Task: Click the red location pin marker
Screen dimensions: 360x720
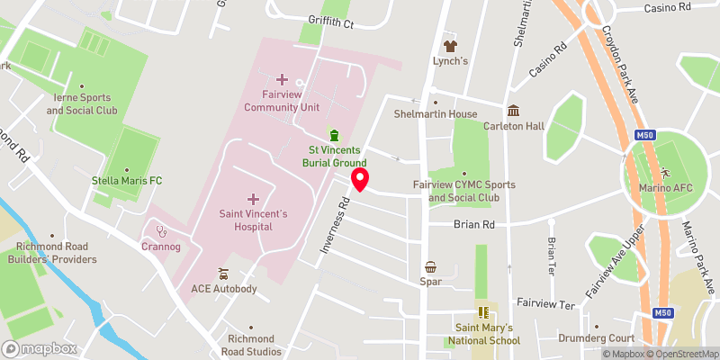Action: pyautogui.click(x=360, y=179)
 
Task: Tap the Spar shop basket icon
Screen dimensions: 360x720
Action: pyautogui.click(x=432, y=266)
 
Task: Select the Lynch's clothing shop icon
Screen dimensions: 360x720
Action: pyautogui.click(x=451, y=45)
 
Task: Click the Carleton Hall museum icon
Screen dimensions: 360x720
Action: pyautogui.click(x=513, y=111)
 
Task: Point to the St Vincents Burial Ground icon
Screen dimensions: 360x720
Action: pyautogui.click(x=335, y=134)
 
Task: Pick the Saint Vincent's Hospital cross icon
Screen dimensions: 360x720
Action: pyautogui.click(x=253, y=198)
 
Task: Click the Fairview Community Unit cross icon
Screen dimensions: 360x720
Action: pyautogui.click(x=283, y=79)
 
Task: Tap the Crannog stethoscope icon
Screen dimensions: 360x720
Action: pyautogui.click(x=162, y=230)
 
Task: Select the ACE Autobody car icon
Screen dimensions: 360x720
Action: pyautogui.click(x=223, y=274)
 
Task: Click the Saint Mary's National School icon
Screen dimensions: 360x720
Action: pyautogui.click(x=486, y=313)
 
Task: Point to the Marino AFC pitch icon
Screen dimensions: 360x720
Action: pyautogui.click(x=666, y=170)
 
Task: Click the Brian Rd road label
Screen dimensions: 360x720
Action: pyautogui.click(x=475, y=224)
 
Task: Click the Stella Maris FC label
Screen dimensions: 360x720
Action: pyautogui.click(x=127, y=181)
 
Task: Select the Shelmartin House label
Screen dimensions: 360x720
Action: pyautogui.click(x=436, y=114)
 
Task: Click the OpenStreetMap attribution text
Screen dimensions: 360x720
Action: pyautogui.click(x=680, y=354)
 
